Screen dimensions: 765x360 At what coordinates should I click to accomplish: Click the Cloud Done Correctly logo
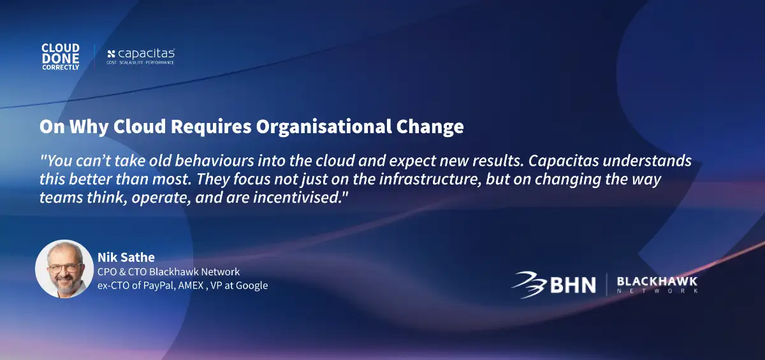click(61, 57)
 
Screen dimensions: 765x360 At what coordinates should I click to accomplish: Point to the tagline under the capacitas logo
click(140, 63)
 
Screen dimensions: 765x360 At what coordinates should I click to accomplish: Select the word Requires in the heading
click(211, 127)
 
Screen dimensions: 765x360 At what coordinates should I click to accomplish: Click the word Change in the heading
click(430, 127)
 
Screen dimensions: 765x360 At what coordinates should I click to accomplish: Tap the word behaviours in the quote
click(214, 161)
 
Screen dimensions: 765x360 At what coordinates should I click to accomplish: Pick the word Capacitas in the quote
click(564, 161)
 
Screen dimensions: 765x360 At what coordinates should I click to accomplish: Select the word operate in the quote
click(161, 198)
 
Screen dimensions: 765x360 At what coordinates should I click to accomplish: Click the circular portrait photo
click(64, 269)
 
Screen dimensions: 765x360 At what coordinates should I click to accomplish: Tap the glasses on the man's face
click(65, 268)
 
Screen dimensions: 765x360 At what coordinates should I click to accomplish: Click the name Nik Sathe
click(126, 257)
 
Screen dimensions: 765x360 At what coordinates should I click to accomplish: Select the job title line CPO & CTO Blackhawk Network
click(169, 271)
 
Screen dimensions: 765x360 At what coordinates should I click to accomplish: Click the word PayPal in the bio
click(159, 285)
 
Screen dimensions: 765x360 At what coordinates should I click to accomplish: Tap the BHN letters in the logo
click(573, 285)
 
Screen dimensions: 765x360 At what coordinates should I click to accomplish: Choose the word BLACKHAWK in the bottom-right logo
click(657, 282)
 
